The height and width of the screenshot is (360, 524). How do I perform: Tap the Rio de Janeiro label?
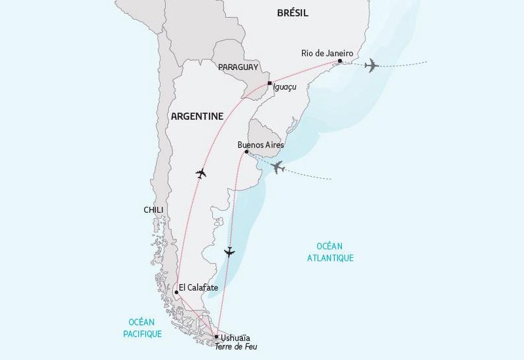point(327,53)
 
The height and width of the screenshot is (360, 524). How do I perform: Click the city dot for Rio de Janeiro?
point(339,62)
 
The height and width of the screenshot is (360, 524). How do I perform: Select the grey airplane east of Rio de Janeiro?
point(371,65)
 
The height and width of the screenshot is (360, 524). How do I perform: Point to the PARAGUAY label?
point(238,67)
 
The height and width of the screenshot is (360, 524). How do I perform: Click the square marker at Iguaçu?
point(270,83)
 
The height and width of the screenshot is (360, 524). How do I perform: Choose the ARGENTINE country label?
point(196,116)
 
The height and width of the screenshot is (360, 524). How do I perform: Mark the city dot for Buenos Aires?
point(246,152)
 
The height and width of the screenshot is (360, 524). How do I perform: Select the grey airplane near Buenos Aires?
point(278,167)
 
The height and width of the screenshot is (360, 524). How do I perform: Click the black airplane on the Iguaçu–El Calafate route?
point(201,173)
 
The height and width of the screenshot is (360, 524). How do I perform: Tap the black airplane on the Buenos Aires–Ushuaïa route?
point(229,251)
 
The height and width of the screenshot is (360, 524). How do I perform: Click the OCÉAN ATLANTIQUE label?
point(330,252)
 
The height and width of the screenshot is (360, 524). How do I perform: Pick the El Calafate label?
point(198,287)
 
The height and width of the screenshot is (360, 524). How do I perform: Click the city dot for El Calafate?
point(176,293)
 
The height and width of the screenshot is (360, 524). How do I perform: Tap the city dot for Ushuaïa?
point(217,336)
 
